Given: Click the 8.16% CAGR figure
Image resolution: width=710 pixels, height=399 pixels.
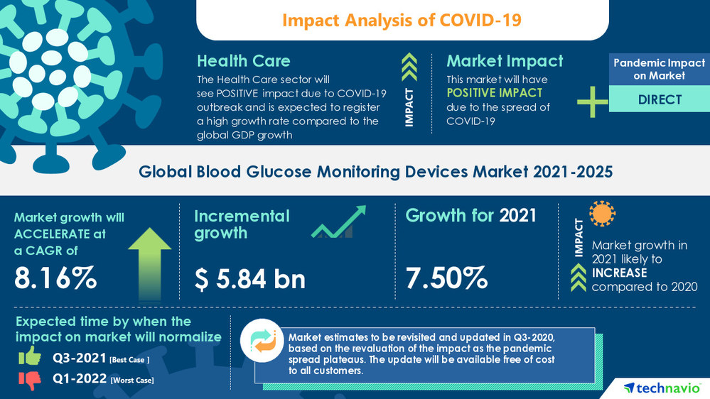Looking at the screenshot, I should (56, 278).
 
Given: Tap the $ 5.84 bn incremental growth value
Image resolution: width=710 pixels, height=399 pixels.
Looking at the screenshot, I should (249, 278).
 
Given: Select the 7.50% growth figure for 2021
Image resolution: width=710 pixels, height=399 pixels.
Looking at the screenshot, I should (446, 278).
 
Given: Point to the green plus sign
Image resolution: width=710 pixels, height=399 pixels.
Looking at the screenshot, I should (592, 101).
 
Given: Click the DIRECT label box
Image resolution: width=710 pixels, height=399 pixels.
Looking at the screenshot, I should (660, 99).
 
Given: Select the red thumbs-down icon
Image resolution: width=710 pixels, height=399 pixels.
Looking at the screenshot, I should (30, 380).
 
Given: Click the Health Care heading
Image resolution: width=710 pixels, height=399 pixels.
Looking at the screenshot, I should (243, 61).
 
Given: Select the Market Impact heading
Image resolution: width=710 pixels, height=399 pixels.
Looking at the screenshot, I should (505, 61).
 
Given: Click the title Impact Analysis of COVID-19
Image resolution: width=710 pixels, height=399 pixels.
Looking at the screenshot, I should (402, 20).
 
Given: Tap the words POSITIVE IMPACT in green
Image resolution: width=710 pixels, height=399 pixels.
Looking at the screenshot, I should (495, 93).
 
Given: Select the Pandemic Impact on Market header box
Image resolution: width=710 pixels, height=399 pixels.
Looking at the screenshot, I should (660, 68).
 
